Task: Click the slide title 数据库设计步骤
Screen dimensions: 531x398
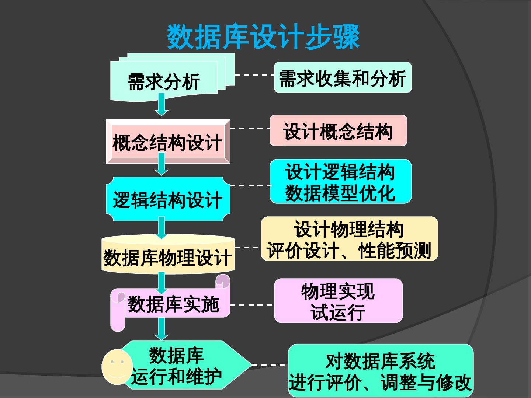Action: (263, 37)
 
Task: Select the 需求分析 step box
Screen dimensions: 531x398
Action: (164, 81)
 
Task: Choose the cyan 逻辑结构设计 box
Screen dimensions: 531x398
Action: (168, 200)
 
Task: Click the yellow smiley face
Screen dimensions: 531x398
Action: (117, 366)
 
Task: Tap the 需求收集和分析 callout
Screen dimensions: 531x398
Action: (343, 78)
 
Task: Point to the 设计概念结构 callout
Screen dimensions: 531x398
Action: (338, 131)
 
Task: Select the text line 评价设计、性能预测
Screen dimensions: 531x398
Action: (349, 251)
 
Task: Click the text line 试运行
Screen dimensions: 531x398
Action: (338, 312)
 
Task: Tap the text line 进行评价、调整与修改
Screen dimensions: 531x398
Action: (380, 382)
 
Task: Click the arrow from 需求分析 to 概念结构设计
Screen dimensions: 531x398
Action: (162, 104)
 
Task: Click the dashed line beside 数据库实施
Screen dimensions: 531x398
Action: (251, 305)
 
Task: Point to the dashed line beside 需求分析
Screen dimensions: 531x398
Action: (254, 75)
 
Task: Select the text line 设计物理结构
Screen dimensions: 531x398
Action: (349, 229)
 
